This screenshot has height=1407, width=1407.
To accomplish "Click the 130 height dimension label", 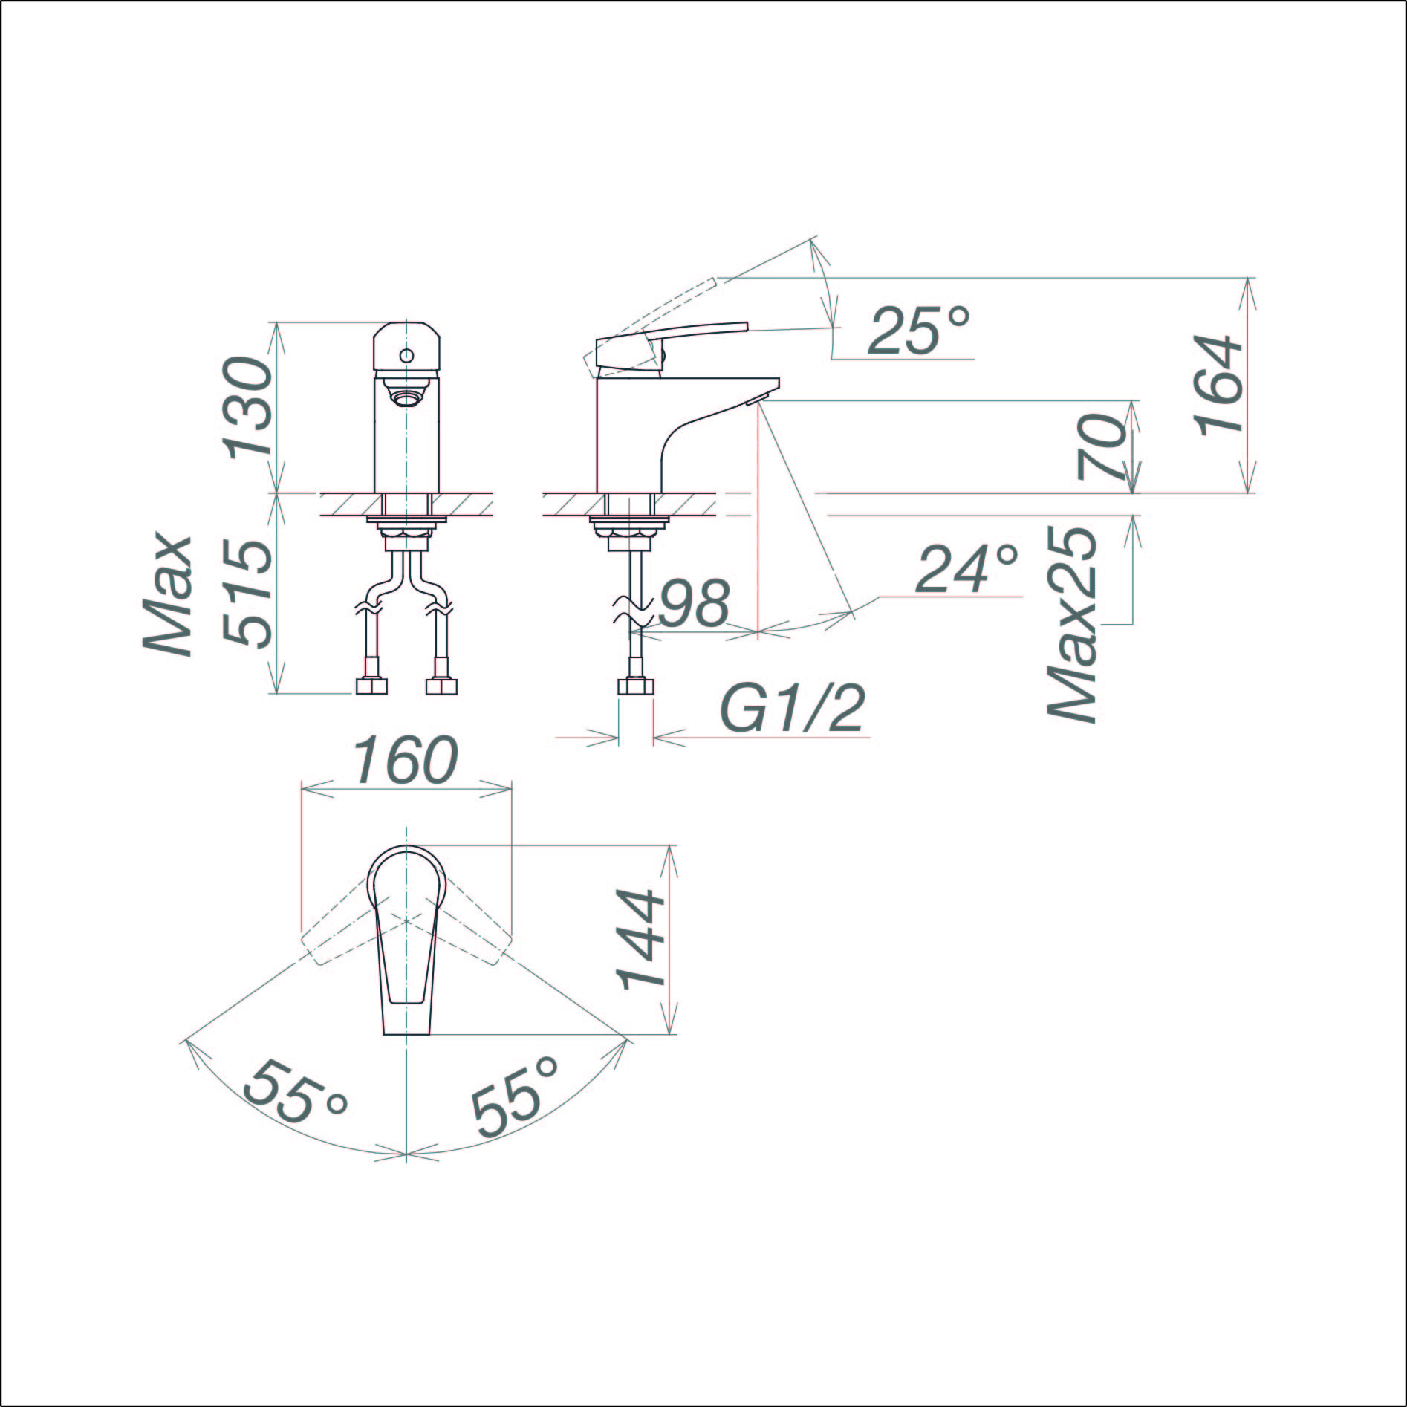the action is (x=248, y=406).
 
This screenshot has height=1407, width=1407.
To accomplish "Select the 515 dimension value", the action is (x=248, y=594).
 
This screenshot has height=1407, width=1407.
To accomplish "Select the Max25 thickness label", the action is (x=1072, y=625).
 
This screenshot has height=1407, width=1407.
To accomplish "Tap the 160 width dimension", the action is (x=404, y=761).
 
